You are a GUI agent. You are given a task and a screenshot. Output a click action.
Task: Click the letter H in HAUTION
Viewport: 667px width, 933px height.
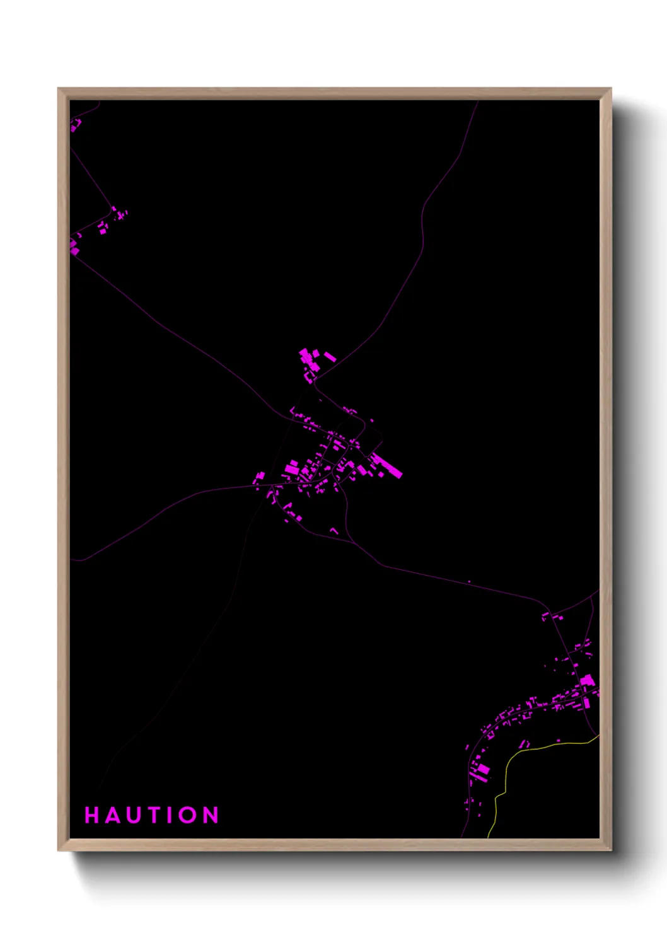click(x=93, y=815)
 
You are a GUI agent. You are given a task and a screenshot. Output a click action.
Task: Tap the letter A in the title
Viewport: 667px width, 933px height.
click(x=112, y=815)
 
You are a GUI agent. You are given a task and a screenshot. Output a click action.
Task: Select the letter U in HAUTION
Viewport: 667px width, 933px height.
click(x=132, y=815)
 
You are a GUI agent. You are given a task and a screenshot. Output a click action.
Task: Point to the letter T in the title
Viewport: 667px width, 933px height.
click(x=152, y=815)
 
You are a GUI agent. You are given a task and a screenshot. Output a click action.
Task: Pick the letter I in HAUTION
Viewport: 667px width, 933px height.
click(x=168, y=815)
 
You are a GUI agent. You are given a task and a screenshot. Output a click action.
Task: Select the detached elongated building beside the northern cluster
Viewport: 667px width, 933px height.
click(x=330, y=357)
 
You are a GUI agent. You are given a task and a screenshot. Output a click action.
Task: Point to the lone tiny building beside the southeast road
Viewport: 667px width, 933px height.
click(x=469, y=581)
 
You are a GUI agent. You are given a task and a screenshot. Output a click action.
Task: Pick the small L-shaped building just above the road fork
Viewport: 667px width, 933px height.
click(x=335, y=531)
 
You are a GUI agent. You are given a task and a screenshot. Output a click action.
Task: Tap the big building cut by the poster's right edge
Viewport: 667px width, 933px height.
click(x=588, y=681)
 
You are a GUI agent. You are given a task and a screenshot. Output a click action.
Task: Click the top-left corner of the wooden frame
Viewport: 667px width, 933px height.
click(x=59, y=89)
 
